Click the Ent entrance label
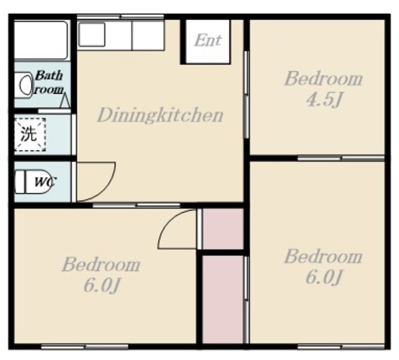pyautogui.click(x=208, y=41)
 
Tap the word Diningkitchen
pyautogui.click(x=160, y=115)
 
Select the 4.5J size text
pyautogui.click(x=323, y=100)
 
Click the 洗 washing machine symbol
pyautogui.click(x=29, y=134)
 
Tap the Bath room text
pyautogui.click(x=49, y=82)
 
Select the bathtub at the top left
pyautogui.click(x=41, y=41)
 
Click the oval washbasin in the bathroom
pyautogui.click(x=25, y=85)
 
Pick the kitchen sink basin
pyautogui.click(x=92, y=34)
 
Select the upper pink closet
pyautogui.click(x=223, y=228)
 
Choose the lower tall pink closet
pyautogui.click(x=223, y=299)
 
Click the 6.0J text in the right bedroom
pyautogui.click(x=323, y=278)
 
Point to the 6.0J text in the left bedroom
pyautogui.click(x=101, y=286)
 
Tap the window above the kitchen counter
pyautogui.click(x=120, y=17)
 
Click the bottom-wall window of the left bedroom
pyautogui.click(x=85, y=346)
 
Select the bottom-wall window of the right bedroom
pyautogui.click(x=341, y=346)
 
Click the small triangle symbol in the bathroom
pyautogui.click(x=65, y=101)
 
